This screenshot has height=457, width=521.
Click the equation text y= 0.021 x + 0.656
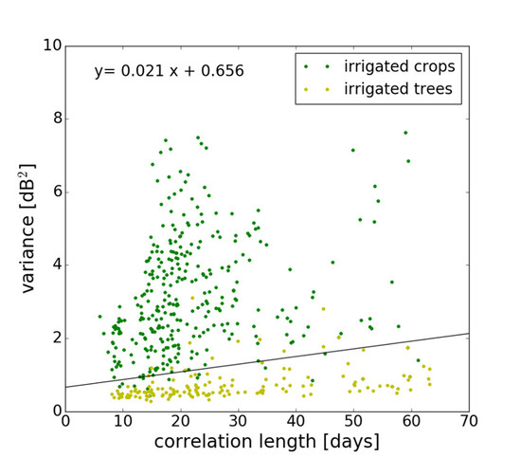tap(169, 71)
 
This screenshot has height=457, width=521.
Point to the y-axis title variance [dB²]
tap(27, 228)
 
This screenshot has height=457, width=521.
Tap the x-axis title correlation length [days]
tap(268, 442)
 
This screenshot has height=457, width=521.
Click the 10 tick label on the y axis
tap(49, 46)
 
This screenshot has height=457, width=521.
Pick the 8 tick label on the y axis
tap(54, 119)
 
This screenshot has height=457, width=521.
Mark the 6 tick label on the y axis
tap(54, 192)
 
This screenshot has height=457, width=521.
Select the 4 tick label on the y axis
tap(54, 265)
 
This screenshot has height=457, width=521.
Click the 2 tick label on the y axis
tap(54, 338)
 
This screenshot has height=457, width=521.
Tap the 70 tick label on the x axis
tap(468, 421)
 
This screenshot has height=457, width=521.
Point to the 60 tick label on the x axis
tap(411, 421)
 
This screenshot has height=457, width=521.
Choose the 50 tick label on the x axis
tap(353, 421)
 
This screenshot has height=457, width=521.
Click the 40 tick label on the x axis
tap(296, 421)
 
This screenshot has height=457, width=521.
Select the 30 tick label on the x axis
tap(238, 421)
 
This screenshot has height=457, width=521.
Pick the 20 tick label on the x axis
tap(180, 421)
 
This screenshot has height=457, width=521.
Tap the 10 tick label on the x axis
tap(122, 421)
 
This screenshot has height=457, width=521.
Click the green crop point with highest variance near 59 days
tap(405, 133)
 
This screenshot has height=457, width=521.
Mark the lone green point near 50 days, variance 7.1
tap(353, 150)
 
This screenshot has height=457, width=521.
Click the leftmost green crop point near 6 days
tap(99, 317)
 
